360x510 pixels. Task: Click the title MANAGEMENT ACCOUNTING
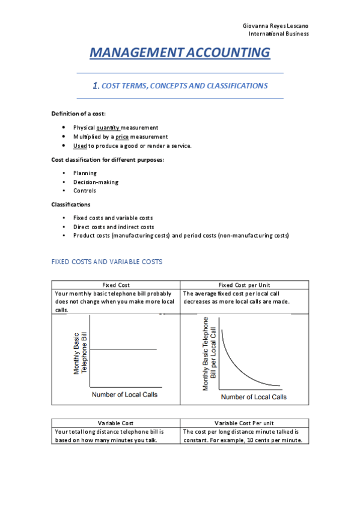tap(180, 53)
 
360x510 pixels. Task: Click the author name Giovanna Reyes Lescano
tap(276, 27)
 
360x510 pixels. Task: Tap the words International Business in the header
tap(279, 34)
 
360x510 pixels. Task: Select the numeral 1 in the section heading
tap(96, 86)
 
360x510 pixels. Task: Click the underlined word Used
tap(80, 146)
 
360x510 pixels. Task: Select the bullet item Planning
tap(85, 173)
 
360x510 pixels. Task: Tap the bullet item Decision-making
tap(96, 182)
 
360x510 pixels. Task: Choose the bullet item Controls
tap(85, 191)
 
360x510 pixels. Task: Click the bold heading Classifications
tap(71, 204)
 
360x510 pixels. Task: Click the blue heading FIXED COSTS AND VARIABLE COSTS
tap(107, 262)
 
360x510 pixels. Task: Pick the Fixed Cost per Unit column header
tap(244, 285)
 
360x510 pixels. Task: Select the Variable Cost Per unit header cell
tap(244, 423)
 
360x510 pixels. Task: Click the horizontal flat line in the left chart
tap(123, 349)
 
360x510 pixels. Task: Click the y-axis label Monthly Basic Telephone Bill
tap(80, 354)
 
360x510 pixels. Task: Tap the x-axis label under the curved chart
tap(254, 397)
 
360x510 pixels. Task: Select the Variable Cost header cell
tap(115, 423)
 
